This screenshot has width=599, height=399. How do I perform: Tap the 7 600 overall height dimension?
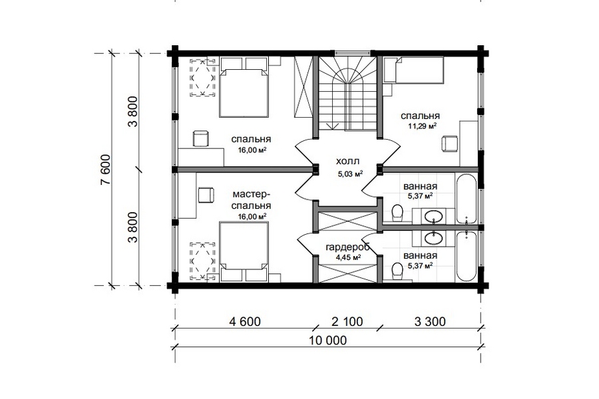click(105, 170)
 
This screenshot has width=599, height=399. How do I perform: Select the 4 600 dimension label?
click(245, 321)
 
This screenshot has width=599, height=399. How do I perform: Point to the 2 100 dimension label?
click(347, 321)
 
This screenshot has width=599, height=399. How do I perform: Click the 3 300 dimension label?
click(430, 321)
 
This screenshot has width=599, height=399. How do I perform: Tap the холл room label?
click(347, 162)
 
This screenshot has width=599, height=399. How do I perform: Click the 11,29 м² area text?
click(423, 126)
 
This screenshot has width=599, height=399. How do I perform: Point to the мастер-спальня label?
click(252, 200)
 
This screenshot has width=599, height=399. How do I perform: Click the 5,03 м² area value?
click(350, 174)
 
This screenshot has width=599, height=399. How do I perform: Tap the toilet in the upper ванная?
click(397, 212)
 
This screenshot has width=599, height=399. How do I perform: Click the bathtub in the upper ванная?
click(466, 199)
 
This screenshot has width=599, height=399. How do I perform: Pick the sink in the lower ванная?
click(433, 238)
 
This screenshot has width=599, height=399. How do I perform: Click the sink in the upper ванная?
click(433, 217)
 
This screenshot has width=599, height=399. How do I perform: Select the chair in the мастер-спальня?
click(206, 195)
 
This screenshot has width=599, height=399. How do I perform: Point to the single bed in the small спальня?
click(414, 70)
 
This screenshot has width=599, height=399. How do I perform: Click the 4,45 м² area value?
click(348, 257)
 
